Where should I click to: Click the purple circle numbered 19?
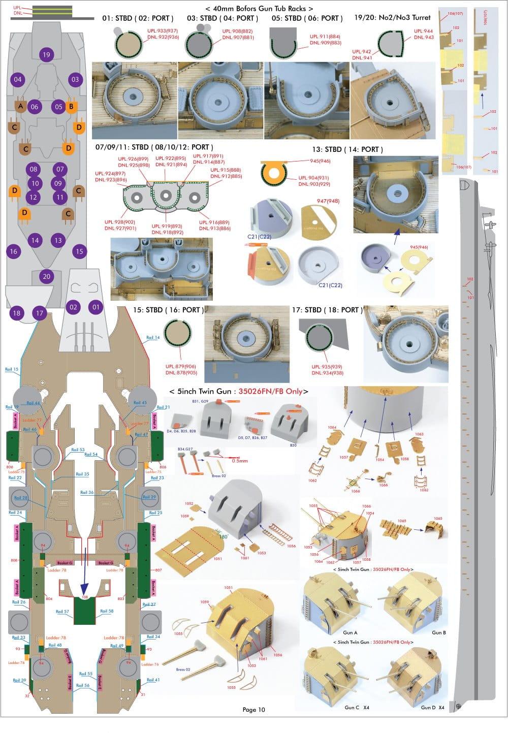point(46,55)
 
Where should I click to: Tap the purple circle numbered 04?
point(18,79)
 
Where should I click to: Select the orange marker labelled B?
point(71,106)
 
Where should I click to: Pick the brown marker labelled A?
point(21,106)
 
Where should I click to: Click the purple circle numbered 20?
point(47,276)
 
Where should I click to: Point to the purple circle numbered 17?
point(39,313)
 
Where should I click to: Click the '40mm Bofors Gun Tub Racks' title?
point(259,8)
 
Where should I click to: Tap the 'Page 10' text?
point(253,710)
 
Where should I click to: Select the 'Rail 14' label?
point(153,337)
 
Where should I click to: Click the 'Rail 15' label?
point(12,369)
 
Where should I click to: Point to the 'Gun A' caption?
point(350,632)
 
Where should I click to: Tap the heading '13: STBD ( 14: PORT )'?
point(347,149)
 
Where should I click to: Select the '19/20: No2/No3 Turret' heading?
point(392,17)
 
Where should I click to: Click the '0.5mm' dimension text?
point(239,461)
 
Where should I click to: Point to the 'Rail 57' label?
point(62,612)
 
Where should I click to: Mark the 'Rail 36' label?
point(87,492)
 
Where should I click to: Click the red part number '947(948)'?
point(328,201)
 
